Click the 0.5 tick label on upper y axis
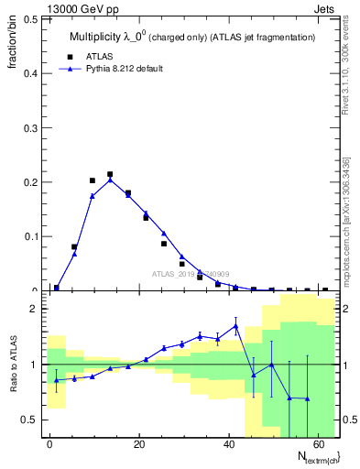click(29, 19)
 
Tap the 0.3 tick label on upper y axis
click(29, 128)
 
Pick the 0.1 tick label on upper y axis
click(29, 236)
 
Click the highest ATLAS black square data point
click(110, 174)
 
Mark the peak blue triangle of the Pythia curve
click(110, 180)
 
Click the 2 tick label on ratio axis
click(34, 310)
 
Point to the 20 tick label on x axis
click(137, 443)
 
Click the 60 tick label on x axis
click(316, 443)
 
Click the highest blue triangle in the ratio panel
click(235, 325)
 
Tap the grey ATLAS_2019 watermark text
click(191, 274)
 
